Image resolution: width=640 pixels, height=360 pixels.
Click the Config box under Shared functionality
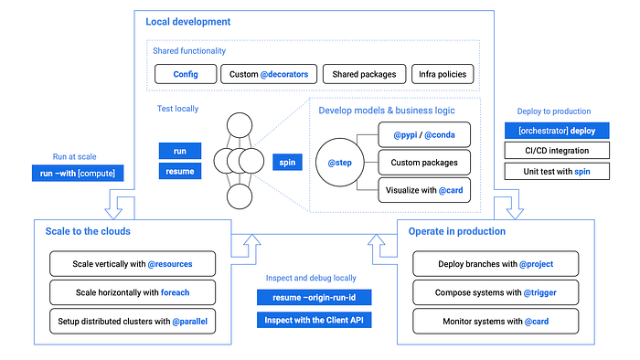(185, 73)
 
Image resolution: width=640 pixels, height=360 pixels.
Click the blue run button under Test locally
(180, 150)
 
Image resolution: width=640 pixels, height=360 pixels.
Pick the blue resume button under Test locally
(180, 171)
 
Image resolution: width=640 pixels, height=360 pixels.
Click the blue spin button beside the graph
(285, 161)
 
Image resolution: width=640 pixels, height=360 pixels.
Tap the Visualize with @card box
(423, 190)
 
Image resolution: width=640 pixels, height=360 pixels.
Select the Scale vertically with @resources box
(133, 265)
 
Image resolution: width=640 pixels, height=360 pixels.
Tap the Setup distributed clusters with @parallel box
(133, 322)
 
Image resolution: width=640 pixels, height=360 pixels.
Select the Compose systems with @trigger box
(496, 293)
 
